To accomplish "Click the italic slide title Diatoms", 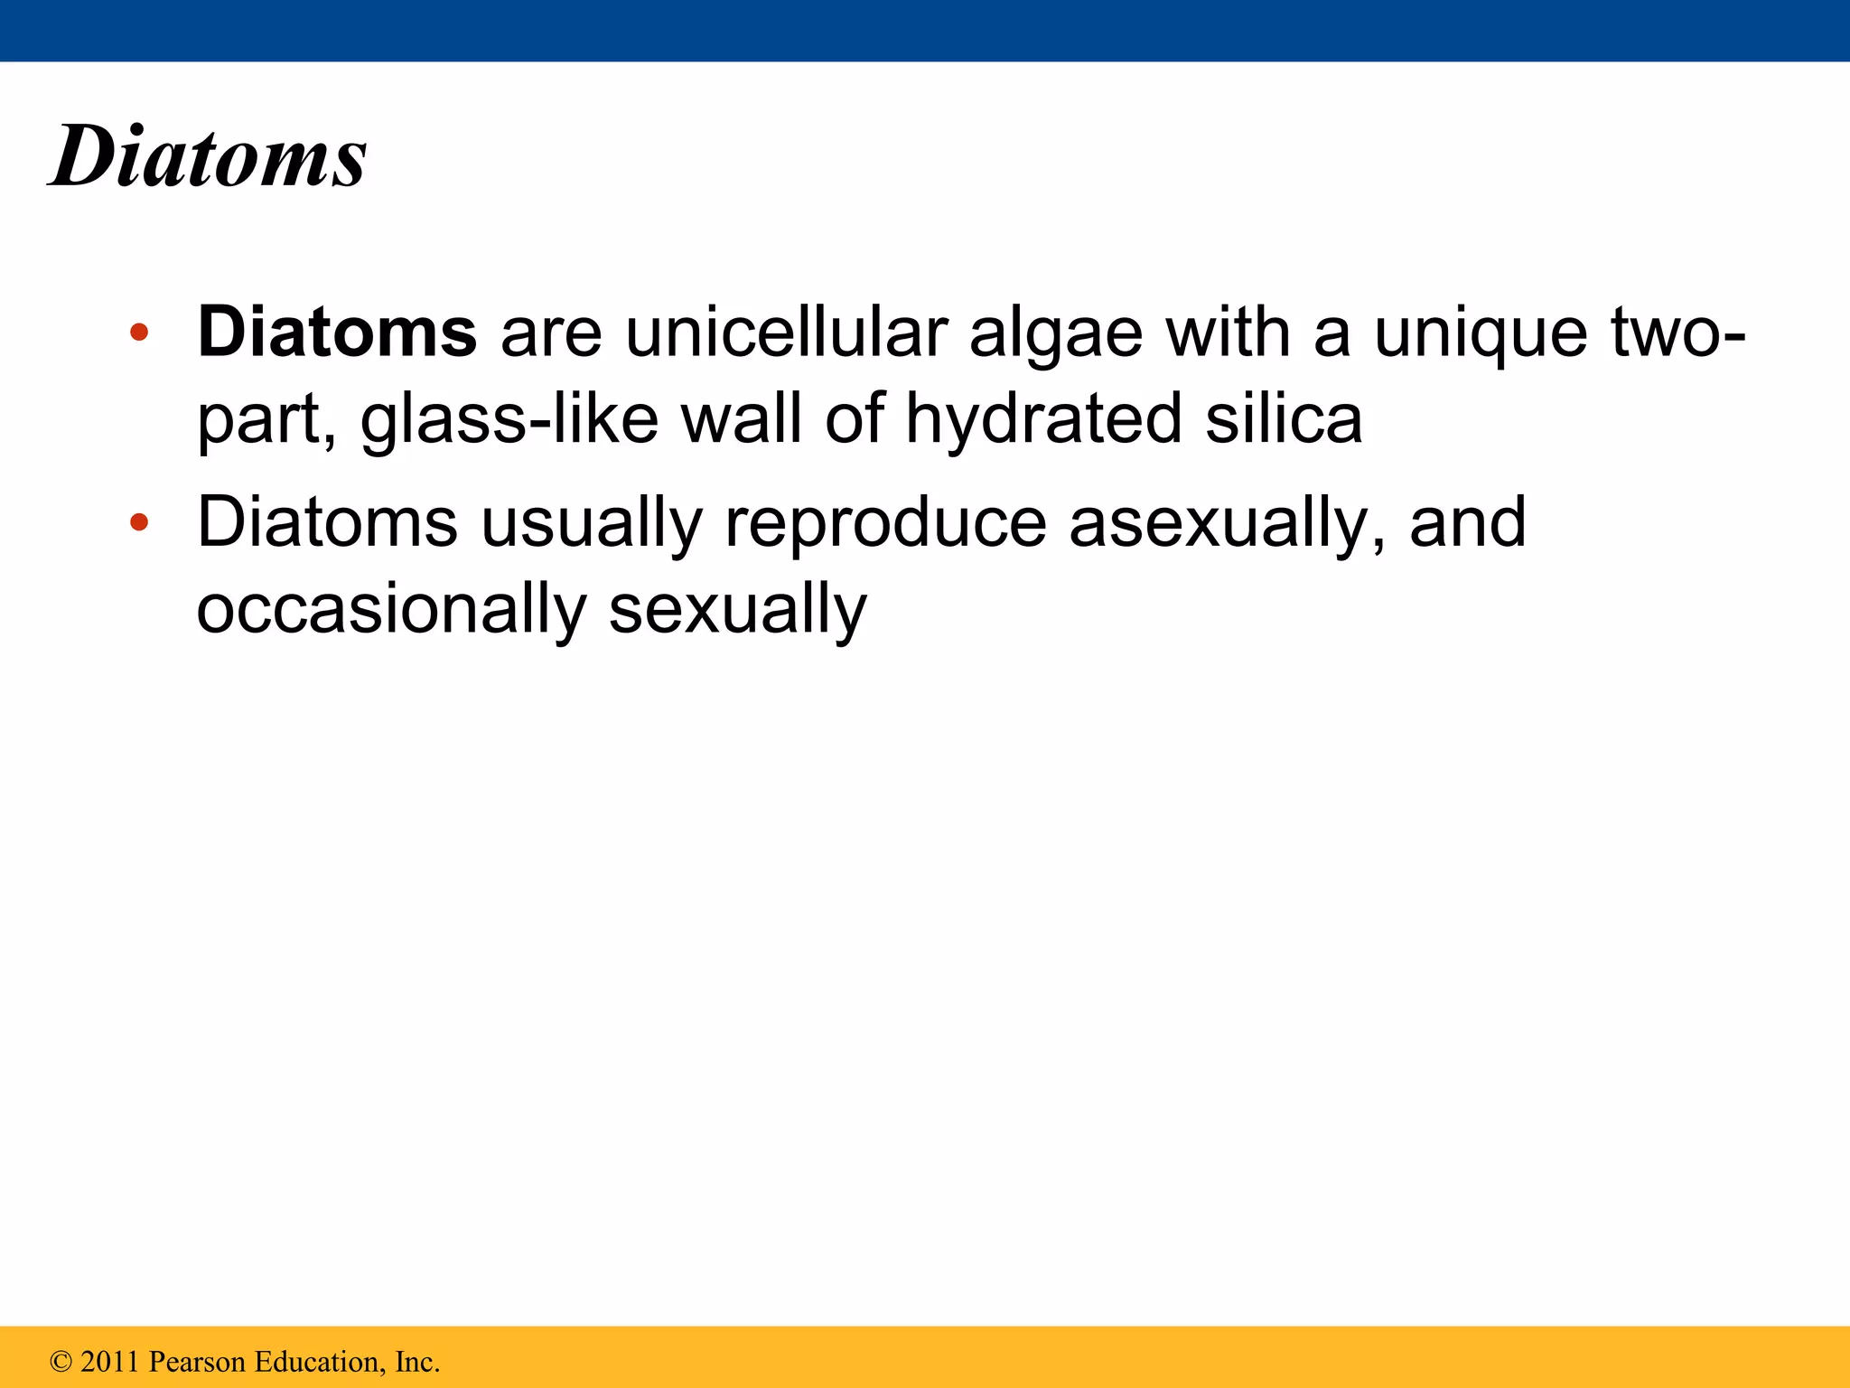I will [x=209, y=158].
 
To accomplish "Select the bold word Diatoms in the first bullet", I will [x=337, y=333].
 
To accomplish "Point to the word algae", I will [x=1055, y=334].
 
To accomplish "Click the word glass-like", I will [x=509, y=419].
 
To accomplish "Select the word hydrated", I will [x=1043, y=419].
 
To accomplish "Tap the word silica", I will [x=1284, y=419].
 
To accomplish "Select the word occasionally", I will [x=391, y=610].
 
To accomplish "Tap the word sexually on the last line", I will [x=737, y=610].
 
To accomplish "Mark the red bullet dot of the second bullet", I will [x=138, y=522].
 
